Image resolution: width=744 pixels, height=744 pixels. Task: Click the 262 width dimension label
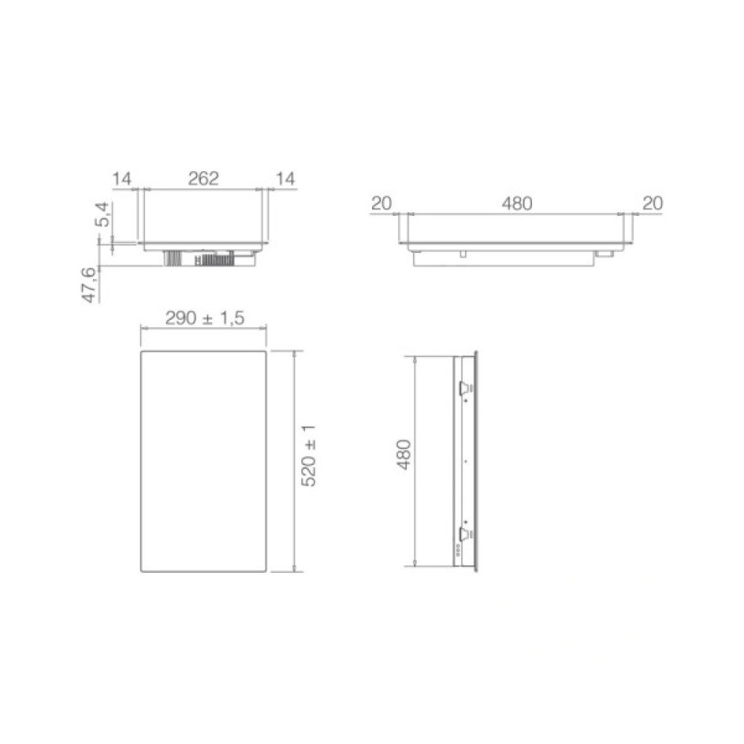pos(202,179)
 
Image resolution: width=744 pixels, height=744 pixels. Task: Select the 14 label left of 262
pos(121,179)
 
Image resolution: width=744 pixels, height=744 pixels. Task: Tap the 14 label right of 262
pos(284,179)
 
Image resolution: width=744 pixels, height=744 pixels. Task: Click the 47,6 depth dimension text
pos(89,285)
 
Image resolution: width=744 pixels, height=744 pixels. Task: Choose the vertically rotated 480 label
pos(403,455)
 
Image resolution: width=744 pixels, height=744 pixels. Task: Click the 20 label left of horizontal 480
pos(382,203)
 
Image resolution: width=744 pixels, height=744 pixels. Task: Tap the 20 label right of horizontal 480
pos(651,203)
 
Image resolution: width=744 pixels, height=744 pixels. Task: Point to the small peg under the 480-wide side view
pos(464,254)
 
